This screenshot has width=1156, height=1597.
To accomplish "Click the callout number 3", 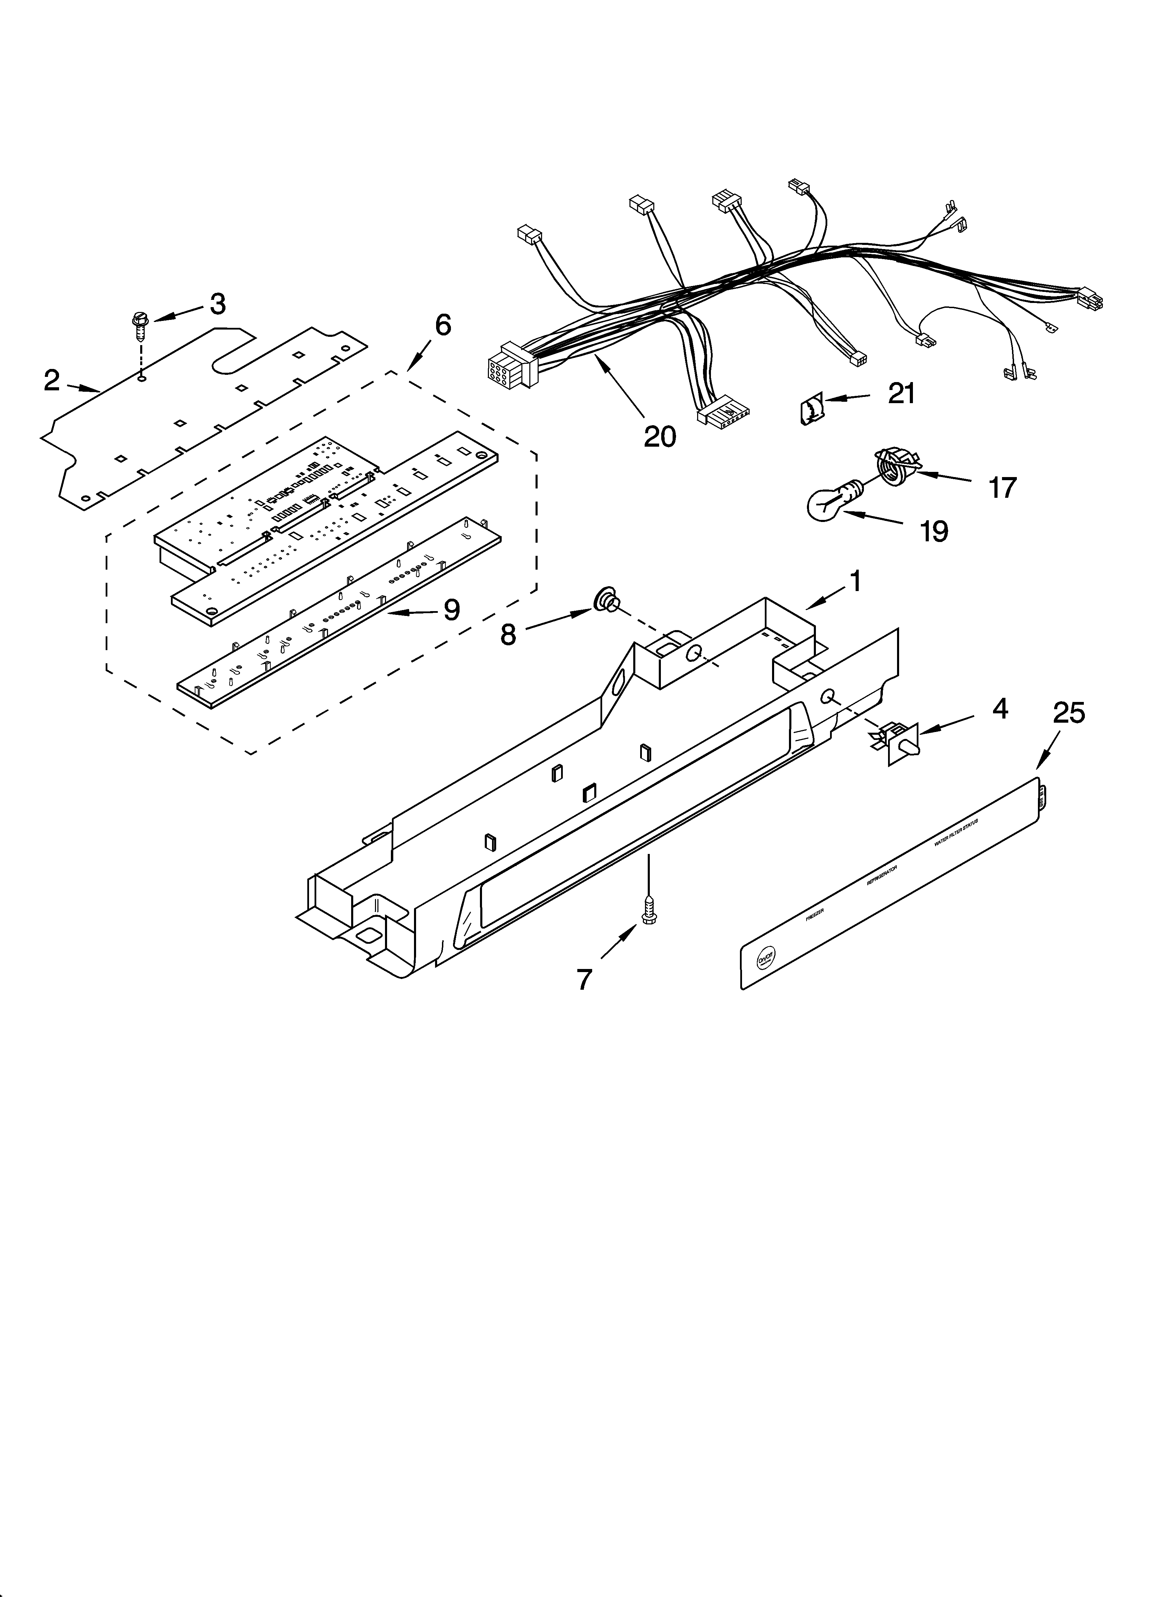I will tap(218, 304).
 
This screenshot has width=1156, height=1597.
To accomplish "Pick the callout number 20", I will tap(660, 437).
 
